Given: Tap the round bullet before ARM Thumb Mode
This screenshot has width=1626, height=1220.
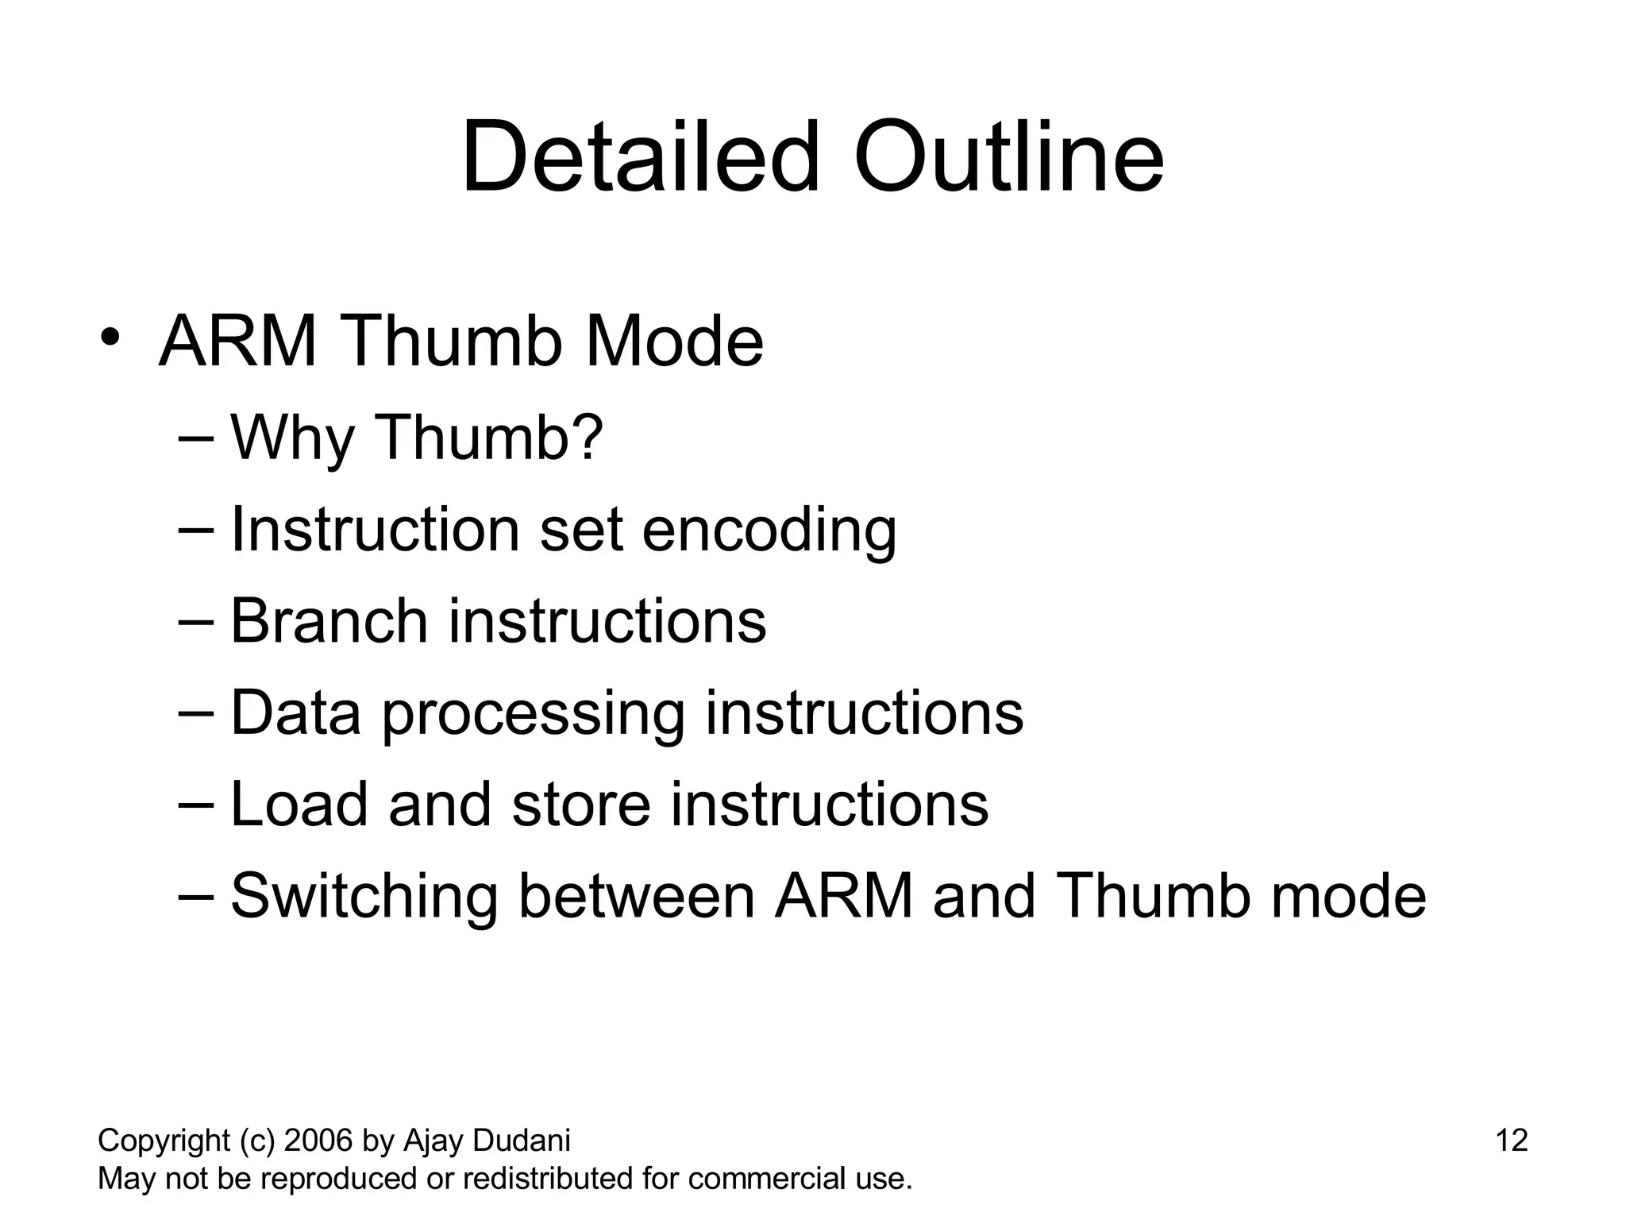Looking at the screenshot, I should (x=110, y=337).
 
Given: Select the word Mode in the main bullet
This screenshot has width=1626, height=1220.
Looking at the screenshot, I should (x=674, y=342).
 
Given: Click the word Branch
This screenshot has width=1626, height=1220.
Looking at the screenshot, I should (x=329, y=621).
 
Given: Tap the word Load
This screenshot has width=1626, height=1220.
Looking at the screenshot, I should (x=299, y=805).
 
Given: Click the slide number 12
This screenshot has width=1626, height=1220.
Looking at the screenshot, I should (x=1511, y=1141).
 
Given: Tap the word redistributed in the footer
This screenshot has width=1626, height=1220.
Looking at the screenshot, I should (x=548, y=1179).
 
